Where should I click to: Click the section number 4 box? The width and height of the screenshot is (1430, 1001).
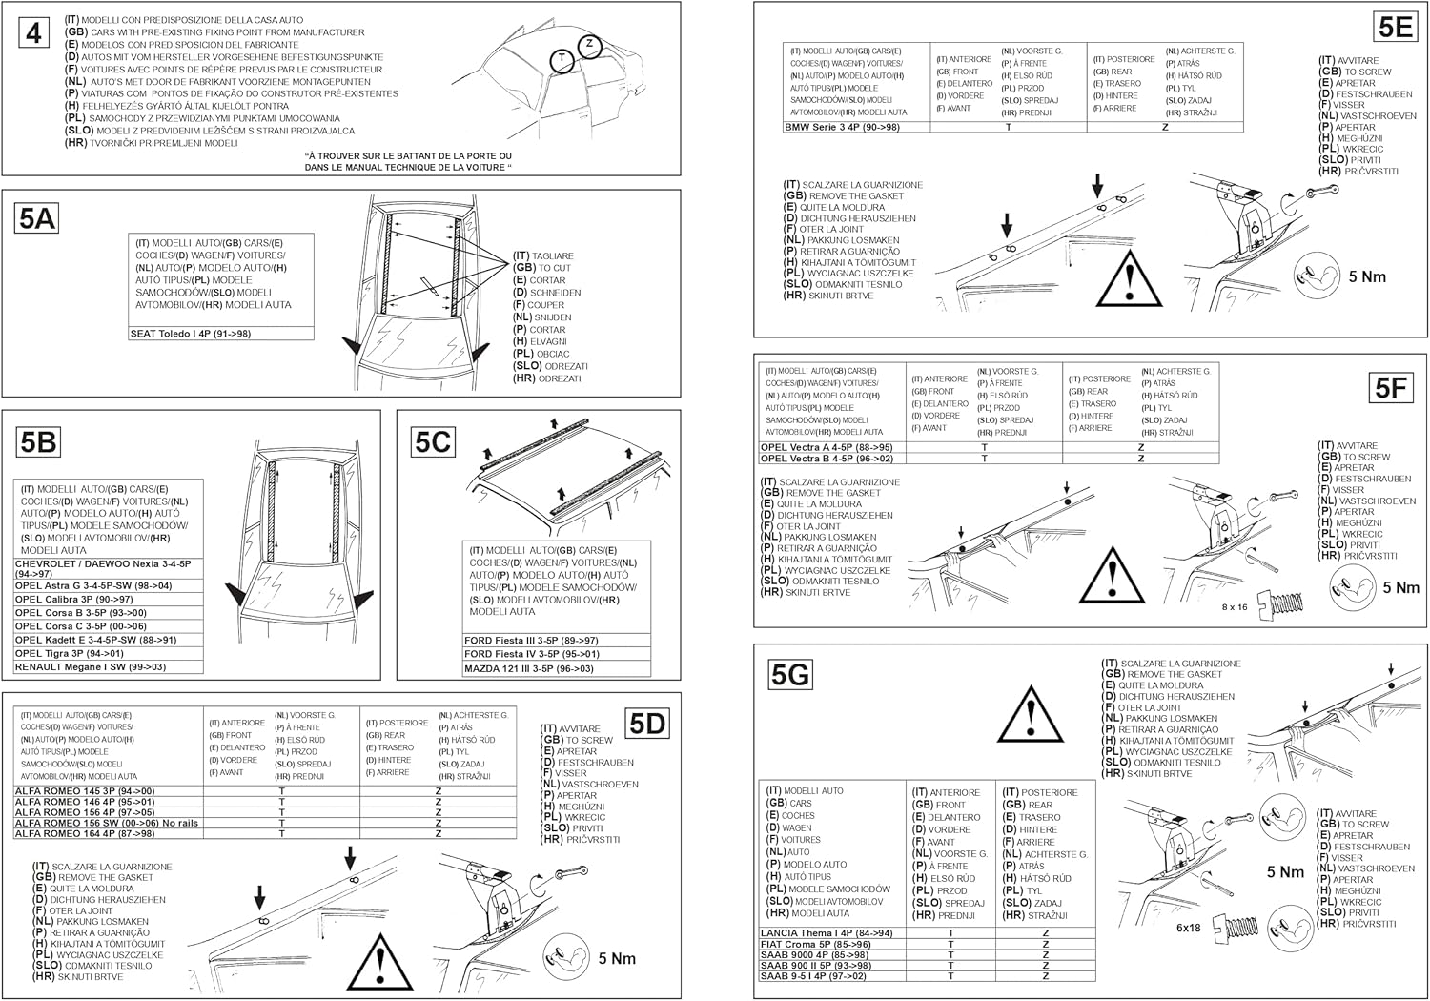coord(34,33)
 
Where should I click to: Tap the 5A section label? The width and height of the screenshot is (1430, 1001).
coord(37,219)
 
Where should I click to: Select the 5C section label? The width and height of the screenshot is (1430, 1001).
coord(433,442)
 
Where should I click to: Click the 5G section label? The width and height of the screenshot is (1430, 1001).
coord(790,675)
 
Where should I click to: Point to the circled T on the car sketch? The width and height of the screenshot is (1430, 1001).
coord(562,59)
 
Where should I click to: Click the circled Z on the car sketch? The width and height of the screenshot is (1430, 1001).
coord(590,44)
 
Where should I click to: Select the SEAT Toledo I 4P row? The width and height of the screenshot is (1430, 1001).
coord(191,334)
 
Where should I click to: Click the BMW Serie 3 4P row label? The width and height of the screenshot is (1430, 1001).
coord(843,127)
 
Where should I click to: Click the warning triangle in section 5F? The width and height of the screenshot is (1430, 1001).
coord(1112,578)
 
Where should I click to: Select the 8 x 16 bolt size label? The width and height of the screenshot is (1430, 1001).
coord(1235,606)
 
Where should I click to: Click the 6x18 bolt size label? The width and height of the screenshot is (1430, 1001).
coord(1189,927)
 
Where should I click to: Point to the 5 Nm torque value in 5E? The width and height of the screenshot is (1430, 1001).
coord(1367,276)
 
